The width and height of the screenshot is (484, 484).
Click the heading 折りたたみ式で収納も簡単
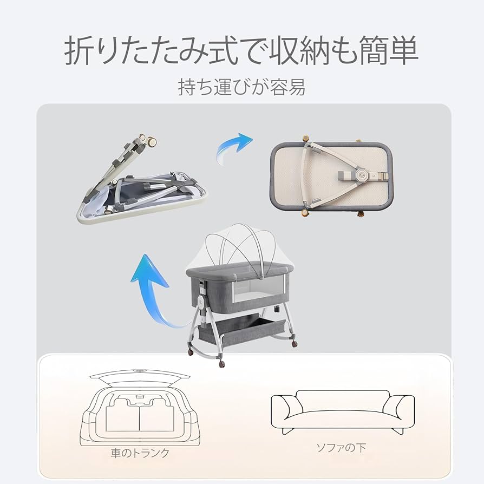241,52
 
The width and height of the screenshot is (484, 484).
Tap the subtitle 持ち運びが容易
241,87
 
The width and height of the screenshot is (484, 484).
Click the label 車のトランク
140,453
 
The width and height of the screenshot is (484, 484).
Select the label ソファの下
342,448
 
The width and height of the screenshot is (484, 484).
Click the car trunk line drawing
140,406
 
